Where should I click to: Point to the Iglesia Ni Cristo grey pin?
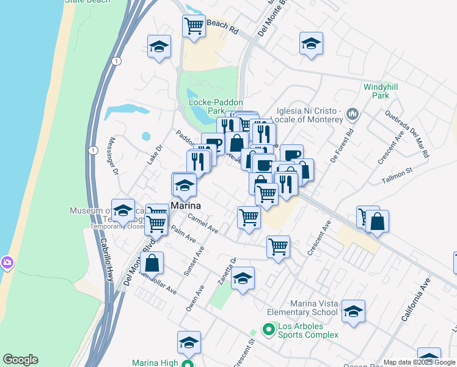pos(353,114)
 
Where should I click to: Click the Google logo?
pos(20,360)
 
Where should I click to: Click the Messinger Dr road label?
pos(113,155)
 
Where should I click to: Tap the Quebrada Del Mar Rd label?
pos(407,135)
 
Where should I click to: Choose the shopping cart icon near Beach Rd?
pos(194,26)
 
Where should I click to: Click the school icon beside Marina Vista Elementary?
pos(353,311)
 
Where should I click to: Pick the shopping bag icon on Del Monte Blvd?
pos(152,263)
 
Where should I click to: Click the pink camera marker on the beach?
pos(6,262)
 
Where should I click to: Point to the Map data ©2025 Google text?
pos(419,362)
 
